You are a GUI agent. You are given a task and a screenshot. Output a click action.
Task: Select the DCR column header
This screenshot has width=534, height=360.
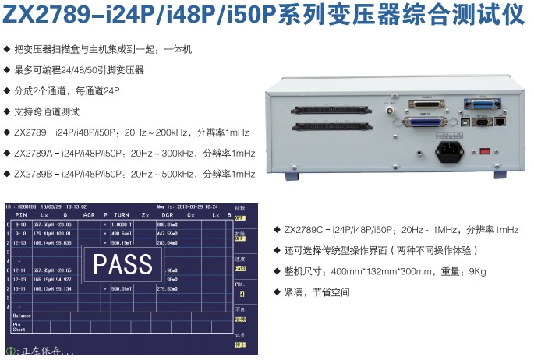(167, 214)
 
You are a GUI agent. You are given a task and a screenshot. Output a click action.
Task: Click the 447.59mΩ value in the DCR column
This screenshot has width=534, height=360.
(168, 233)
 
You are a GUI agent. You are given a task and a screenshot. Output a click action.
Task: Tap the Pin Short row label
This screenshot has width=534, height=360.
(19, 327)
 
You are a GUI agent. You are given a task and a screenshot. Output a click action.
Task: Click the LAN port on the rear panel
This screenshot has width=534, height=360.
(500, 122)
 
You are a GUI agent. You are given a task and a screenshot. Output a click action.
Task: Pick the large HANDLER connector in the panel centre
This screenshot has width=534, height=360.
(425, 122)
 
